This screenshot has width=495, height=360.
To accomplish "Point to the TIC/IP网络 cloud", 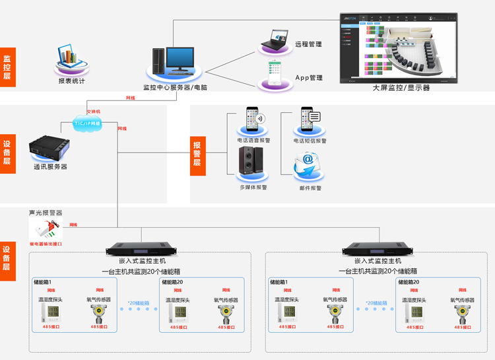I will (x=87, y=123).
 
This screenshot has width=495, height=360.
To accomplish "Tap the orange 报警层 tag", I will (x=197, y=153).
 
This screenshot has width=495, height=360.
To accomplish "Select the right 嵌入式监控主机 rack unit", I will (x=378, y=249).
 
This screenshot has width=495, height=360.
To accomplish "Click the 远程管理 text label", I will (x=308, y=44).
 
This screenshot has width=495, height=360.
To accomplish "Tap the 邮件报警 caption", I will (x=308, y=188).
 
